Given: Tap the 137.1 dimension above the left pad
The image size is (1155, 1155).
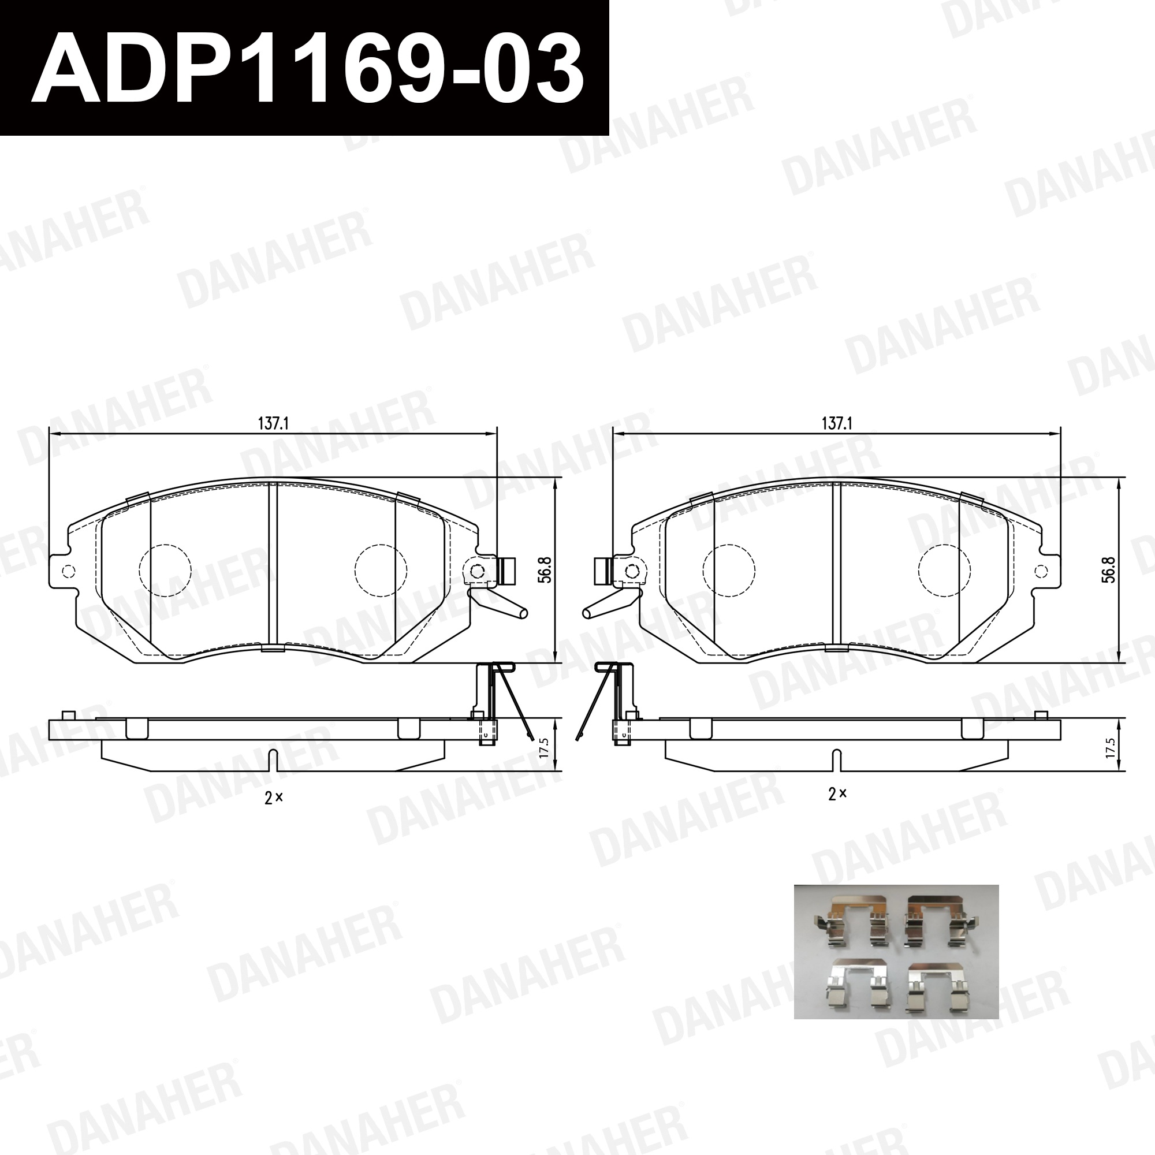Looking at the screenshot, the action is point(273,424).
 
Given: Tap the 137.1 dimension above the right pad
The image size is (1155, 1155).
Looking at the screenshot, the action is point(837,424).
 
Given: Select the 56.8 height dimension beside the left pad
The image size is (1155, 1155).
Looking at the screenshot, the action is point(545,569).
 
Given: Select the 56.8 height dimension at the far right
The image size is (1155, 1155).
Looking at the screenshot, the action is point(1109,569).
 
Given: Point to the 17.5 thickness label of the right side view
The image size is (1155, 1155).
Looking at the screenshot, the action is point(1111,747).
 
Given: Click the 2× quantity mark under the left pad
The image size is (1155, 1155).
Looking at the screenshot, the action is point(273,797).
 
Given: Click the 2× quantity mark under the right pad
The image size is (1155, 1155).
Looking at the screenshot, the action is point(837,794).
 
